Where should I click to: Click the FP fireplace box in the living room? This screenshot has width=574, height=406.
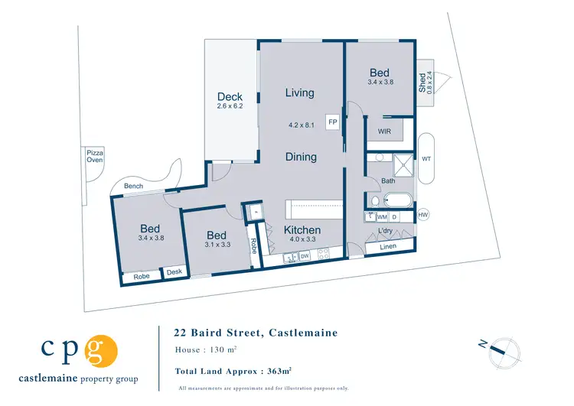[332, 122]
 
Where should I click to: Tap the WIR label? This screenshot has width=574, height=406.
[385, 132]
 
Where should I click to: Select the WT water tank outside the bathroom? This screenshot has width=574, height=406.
[426, 159]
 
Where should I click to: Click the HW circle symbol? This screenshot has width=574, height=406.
[423, 216]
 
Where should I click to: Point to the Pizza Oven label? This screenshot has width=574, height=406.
[95, 158]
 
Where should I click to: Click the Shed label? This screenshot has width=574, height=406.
[422, 82]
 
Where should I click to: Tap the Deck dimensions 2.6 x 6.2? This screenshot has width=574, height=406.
[230, 106]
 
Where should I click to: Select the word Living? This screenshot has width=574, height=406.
[299, 93]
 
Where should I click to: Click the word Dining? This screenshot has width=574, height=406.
[301, 157]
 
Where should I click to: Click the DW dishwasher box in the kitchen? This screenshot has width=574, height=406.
[305, 257]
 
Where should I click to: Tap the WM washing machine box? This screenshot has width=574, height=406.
[382, 218]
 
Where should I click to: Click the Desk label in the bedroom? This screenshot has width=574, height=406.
[174, 272]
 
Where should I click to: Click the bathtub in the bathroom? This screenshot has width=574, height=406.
[396, 202]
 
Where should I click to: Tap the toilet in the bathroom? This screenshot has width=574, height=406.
[373, 202]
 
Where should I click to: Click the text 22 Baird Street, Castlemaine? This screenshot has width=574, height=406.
[256, 333]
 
